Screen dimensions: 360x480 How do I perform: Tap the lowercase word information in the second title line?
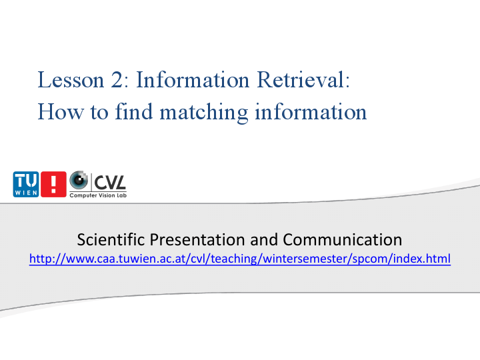pyautogui.click(x=311, y=111)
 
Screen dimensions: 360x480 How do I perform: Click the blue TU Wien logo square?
pyautogui.click(x=26, y=184)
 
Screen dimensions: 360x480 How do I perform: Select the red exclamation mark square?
pyautogui.click(x=53, y=184)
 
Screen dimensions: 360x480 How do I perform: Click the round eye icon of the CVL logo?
pyautogui.click(x=79, y=180)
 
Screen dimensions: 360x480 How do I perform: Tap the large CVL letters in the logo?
pyautogui.click(x=109, y=181)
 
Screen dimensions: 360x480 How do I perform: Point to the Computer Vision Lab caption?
pyautogui.click(x=98, y=195)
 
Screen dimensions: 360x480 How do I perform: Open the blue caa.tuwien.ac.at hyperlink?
pyautogui.click(x=240, y=259)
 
